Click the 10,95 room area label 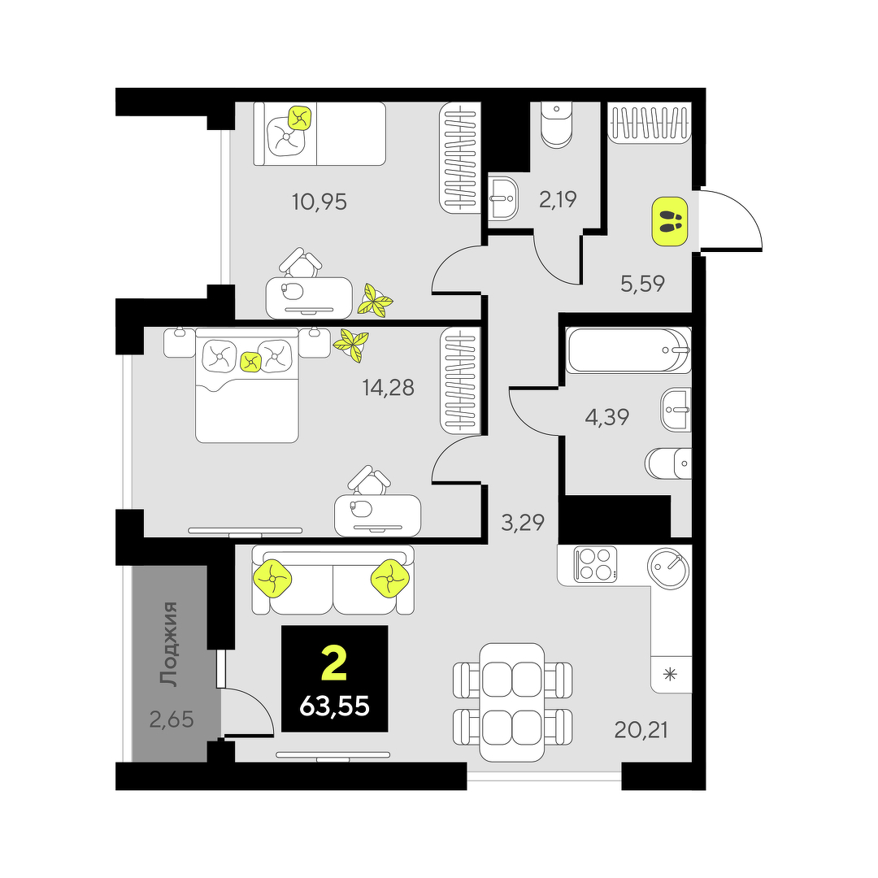click(319, 202)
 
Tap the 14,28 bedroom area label click(388, 388)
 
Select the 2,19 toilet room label click(558, 199)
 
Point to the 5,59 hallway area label click(642, 284)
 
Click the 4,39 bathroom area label click(607, 417)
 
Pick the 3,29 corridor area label click(523, 523)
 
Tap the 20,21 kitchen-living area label click(641, 730)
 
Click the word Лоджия click(169, 644)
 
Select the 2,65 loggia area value click(172, 719)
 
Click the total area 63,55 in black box click(334, 706)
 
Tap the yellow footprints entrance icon click(669, 222)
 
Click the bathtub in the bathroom click(628, 350)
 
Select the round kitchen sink click(668, 567)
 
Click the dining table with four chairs click(512, 702)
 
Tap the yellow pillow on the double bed click(251, 363)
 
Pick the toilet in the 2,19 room click(556, 125)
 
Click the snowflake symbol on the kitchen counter click(670, 674)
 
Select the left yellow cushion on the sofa click(272, 579)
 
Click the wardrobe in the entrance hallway click(650, 124)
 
